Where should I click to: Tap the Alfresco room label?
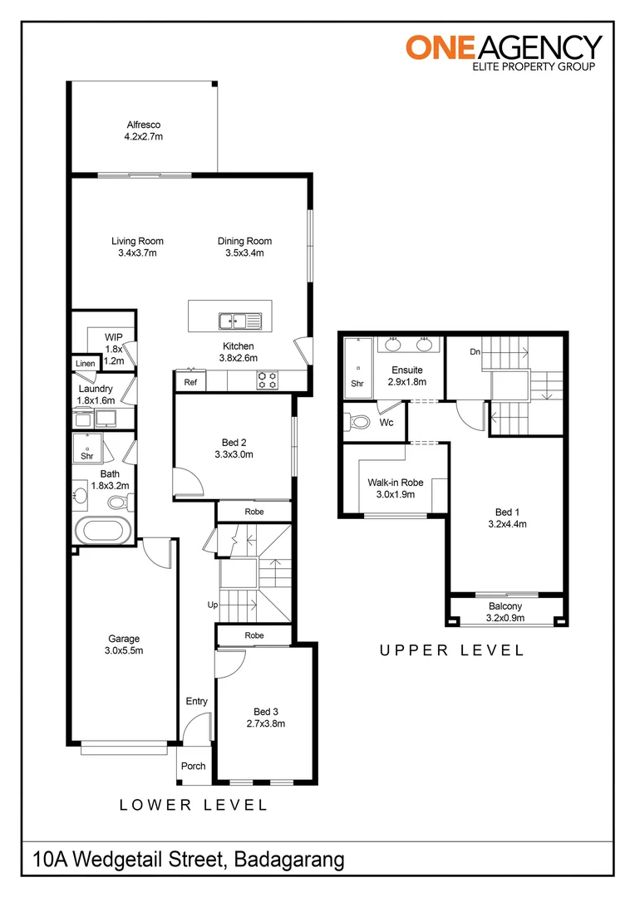(x=143, y=125)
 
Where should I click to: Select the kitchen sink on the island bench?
(x=239, y=319)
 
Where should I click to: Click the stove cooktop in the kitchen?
(x=268, y=380)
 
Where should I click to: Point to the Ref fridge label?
(x=190, y=383)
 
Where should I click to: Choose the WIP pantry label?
(x=114, y=337)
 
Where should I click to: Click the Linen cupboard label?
(x=85, y=364)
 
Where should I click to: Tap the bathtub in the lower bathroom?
(x=102, y=530)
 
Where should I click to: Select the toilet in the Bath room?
(x=119, y=501)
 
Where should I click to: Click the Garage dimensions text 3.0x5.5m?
(x=124, y=651)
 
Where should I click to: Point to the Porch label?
(x=194, y=766)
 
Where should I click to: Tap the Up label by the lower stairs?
(x=212, y=605)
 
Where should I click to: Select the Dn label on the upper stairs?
(x=475, y=352)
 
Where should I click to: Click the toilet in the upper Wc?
(x=360, y=421)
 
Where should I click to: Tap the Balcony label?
(x=505, y=606)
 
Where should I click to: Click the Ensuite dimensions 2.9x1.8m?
(x=406, y=382)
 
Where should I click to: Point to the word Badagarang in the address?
(x=289, y=859)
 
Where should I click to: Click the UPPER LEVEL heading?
(x=452, y=650)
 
